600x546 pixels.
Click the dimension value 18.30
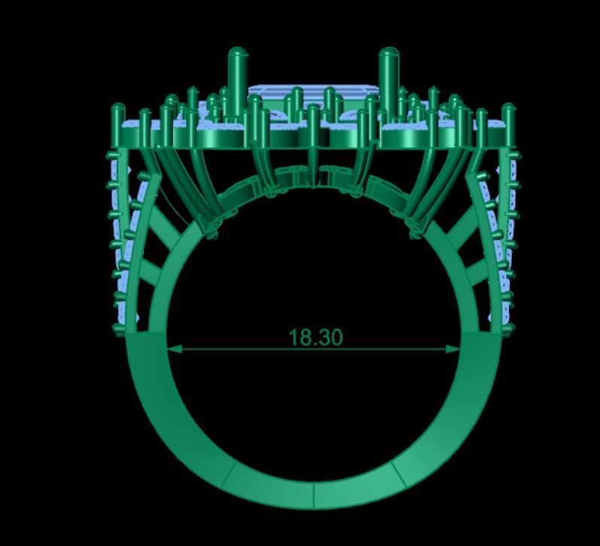pyautogui.click(x=315, y=337)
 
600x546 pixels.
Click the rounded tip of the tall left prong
pyautogui.click(x=237, y=53)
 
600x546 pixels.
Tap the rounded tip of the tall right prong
pyautogui.click(x=388, y=53)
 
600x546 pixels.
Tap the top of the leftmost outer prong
pyautogui.click(x=118, y=110)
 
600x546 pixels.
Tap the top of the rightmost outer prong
pyautogui.click(x=509, y=110)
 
